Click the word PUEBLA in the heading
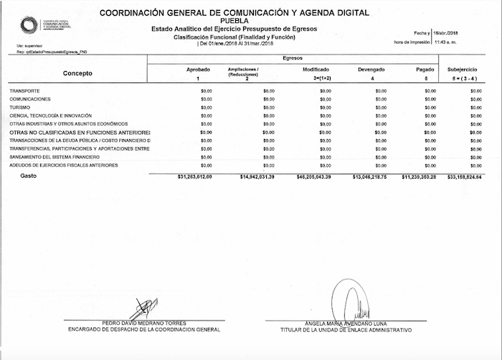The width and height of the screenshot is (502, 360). click(235, 21)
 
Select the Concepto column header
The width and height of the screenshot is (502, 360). click(77, 73)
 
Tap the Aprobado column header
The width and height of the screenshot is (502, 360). click(198, 69)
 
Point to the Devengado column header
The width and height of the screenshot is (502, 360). click(371, 69)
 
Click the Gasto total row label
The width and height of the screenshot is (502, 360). click(28, 176)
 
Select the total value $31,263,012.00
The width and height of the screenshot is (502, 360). click(194, 176)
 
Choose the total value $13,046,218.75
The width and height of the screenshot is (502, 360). click(368, 176)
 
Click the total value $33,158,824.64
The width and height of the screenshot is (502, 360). click(464, 176)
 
